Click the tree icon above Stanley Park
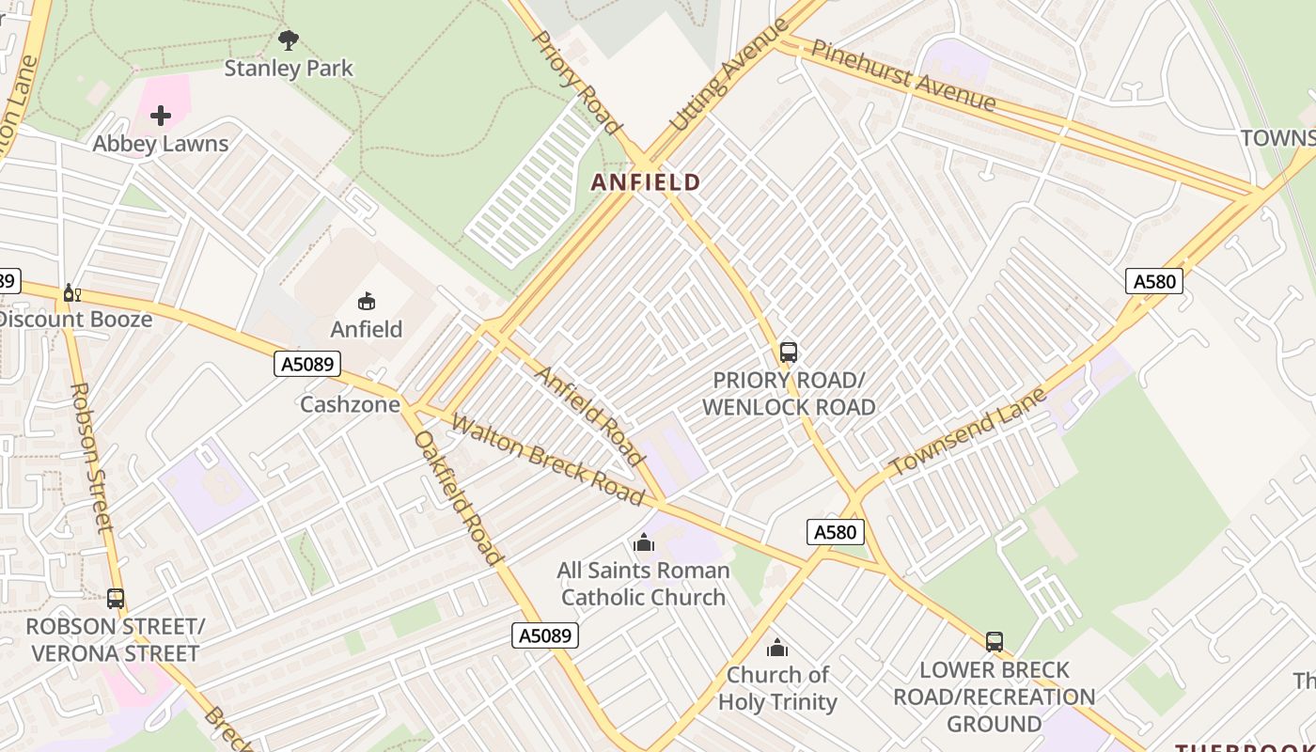[x=289, y=39]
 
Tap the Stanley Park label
[x=289, y=69]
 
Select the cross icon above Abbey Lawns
[x=161, y=116]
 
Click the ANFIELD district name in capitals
[x=646, y=182]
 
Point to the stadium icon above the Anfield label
[x=366, y=302]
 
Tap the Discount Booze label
[x=75, y=320]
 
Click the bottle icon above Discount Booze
[x=71, y=293]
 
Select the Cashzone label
[x=350, y=404]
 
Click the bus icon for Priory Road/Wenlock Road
[x=789, y=352]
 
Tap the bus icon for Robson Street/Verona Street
[x=116, y=599]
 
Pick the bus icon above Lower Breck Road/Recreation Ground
[x=995, y=642]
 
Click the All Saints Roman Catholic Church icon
[x=644, y=542]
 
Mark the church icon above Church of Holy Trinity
[x=777, y=648]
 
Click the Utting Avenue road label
[x=729, y=75]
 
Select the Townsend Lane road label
[x=967, y=431]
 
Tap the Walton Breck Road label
[x=547, y=460]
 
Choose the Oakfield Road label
[x=458, y=497]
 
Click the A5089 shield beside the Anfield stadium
[x=307, y=364]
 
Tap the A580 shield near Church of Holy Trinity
[x=835, y=533]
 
